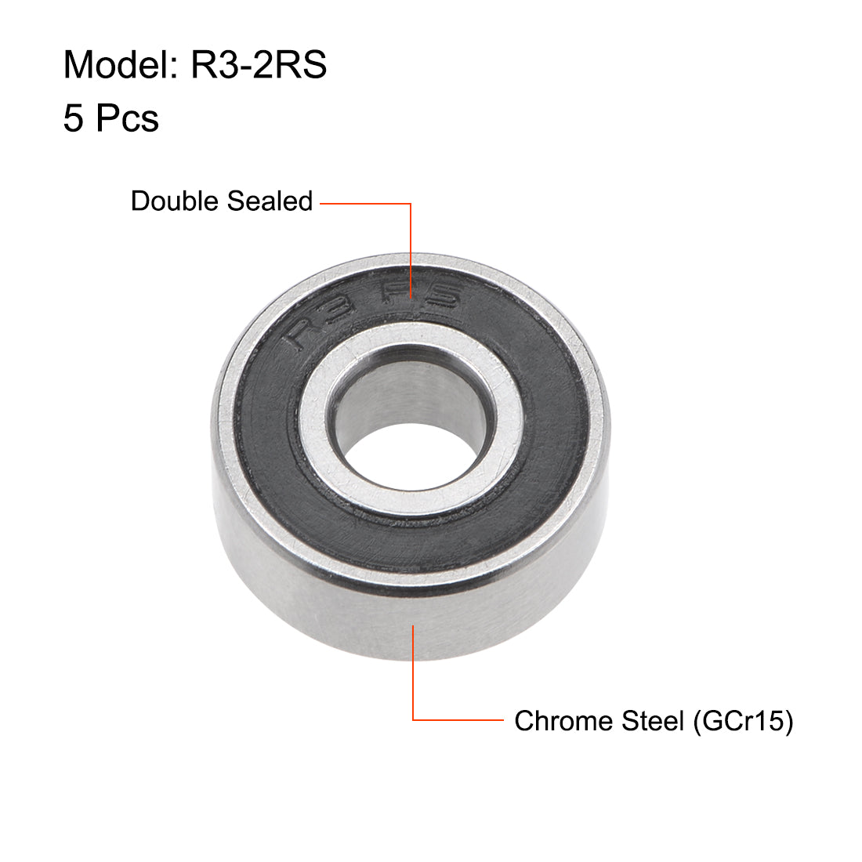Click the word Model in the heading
[x=114, y=64]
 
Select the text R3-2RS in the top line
[x=259, y=64]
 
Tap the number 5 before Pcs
[x=73, y=118]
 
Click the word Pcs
[x=128, y=118]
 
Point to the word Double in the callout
[x=174, y=201]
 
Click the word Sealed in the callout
[x=269, y=201]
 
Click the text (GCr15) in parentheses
[x=742, y=720]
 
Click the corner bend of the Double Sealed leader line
[x=411, y=204]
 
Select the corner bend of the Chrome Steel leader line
[x=413, y=719]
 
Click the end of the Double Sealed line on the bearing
[x=411, y=300]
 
